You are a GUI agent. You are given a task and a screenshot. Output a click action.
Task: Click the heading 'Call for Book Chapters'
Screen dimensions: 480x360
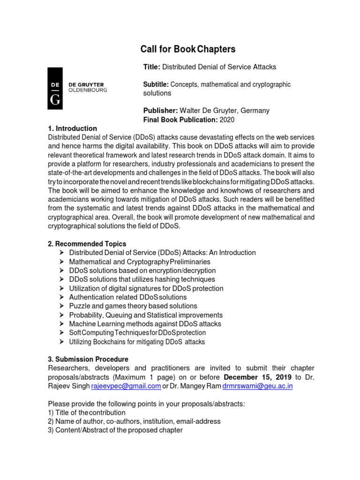pos(188,49)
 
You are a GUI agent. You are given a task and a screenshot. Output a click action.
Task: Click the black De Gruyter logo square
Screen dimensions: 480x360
pos(55,88)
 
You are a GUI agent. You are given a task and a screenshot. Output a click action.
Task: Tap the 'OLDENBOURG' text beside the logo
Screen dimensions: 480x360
pos(88,90)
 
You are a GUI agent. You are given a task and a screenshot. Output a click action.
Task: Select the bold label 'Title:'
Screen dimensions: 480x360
pos(152,67)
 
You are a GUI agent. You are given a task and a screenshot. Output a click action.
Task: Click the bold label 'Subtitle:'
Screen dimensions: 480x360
pos(156,84)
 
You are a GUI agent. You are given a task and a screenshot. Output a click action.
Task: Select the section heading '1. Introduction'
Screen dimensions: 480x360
pos(73,128)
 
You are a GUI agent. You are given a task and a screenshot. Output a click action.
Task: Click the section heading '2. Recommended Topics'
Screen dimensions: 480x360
pos(87,244)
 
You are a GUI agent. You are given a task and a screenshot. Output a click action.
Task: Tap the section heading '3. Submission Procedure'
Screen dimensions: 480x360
pos(88,359)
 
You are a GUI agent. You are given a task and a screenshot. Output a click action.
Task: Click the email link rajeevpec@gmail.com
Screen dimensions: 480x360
pos(125,386)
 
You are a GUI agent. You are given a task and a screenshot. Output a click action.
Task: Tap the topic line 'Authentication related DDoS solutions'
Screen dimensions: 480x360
pos(127,297)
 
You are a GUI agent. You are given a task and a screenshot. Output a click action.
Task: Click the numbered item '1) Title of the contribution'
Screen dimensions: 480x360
pos(87,412)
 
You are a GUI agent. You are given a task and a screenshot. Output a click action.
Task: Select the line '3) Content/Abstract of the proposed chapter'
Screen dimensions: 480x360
pos(115,430)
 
